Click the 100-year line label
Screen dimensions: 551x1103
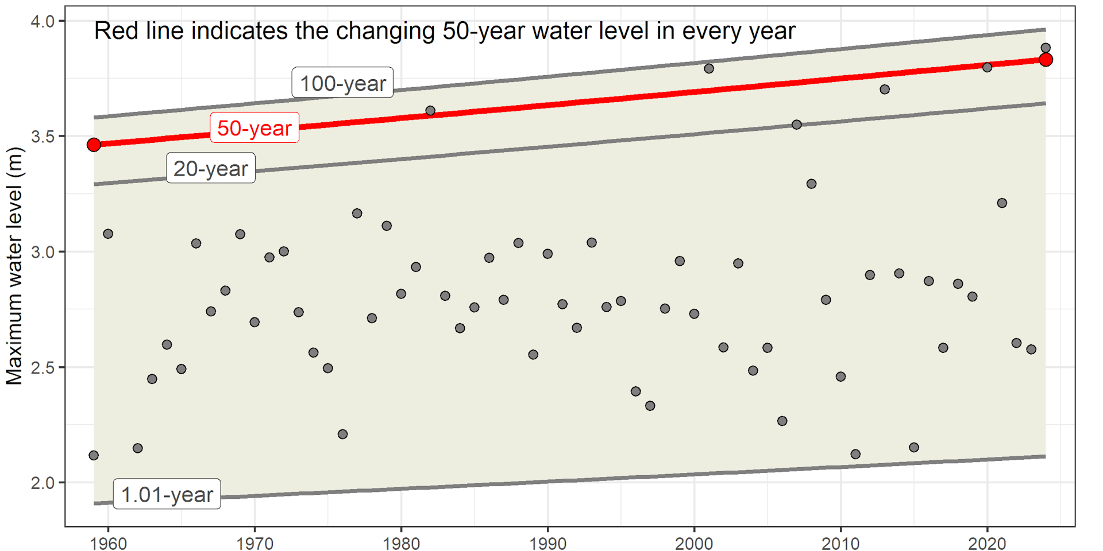coord(342,83)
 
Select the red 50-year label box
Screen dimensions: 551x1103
coord(254,127)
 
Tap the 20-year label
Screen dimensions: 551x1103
coord(210,168)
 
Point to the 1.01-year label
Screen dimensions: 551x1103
coord(167,494)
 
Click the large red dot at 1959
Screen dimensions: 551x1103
coord(94,145)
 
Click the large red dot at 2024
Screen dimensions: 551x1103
coord(1046,60)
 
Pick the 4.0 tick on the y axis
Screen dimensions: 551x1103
coord(42,22)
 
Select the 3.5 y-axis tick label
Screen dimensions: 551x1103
coord(42,137)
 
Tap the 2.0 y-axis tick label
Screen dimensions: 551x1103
coord(42,483)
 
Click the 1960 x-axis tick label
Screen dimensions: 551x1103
coord(109,542)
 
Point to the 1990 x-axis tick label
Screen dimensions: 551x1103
coord(547,542)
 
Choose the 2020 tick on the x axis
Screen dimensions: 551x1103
coord(987,542)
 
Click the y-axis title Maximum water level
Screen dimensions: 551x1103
coord(14,266)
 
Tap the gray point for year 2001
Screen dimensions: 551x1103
coord(709,68)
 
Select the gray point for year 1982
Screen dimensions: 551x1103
coord(430,111)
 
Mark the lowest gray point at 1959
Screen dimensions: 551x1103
coord(94,455)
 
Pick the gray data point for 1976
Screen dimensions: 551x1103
coord(342,434)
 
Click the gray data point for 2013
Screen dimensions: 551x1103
coord(885,90)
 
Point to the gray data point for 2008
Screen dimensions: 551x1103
coord(811,184)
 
